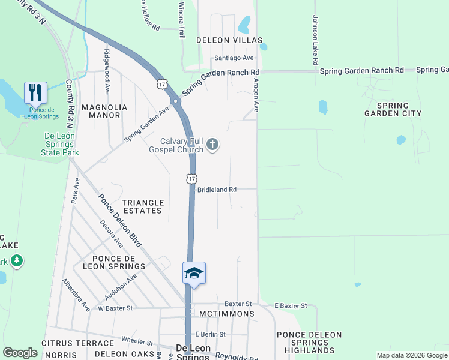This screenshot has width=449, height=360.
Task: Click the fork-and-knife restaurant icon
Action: pyautogui.click(x=35, y=92)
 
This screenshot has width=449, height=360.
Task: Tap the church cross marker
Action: pyautogui.click(x=212, y=144)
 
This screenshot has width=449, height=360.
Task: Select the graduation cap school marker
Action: pyautogui.click(x=194, y=274)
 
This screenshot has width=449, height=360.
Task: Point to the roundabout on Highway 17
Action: pyautogui.click(x=176, y=102)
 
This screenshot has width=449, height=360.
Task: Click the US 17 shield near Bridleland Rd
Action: pyautogui.click(x=191, y=178)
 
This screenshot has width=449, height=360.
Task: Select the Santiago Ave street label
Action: pyautogui.click(x=235, y=58)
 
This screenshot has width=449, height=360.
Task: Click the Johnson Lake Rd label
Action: pyautogui.click(x=314, y=41)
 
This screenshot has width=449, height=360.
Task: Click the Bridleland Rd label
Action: pyautogui.click(x=217, y=190)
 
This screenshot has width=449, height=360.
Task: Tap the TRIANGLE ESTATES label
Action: pyautogui.click(x=142, y=207)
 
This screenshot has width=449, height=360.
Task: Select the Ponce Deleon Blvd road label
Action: pyautogui.click(x=121, y=221)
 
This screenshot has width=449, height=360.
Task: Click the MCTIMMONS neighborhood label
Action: pyautogui.click(x=227, y=314)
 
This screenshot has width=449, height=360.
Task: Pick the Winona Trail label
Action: pyautogui.click(x=181, y=20)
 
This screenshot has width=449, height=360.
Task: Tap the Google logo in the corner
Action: pyautogui.click(x=20, y=353)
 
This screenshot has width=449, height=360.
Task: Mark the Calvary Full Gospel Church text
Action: pyautogui.click(x=176, y=145)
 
